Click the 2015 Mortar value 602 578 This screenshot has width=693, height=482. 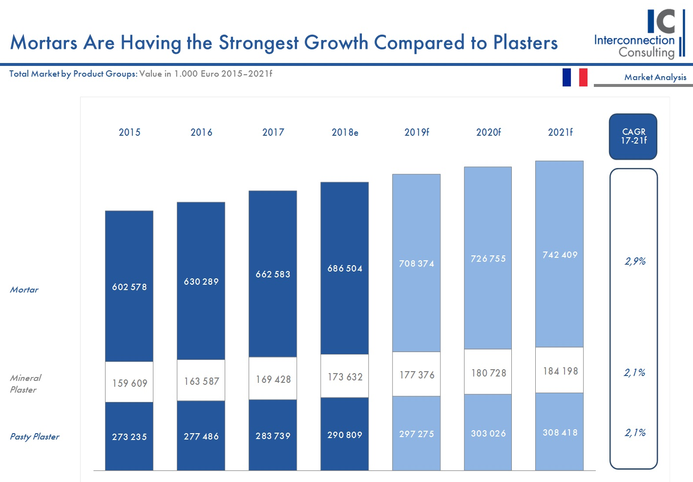pos(129,287)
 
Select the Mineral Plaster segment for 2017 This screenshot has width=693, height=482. pos(273,379)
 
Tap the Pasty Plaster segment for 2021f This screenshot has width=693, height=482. pos(560,432)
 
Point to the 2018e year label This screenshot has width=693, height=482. pos(345,132)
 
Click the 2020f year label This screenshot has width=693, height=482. pos(488,132)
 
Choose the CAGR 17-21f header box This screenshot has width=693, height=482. pos(633,137)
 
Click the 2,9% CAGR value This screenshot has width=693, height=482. pos(634,261)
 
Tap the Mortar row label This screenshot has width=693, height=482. pos(24,290)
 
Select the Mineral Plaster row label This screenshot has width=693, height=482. pos(25,383)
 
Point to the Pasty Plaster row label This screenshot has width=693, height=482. pos(35,437)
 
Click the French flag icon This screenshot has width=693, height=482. pos(575,77)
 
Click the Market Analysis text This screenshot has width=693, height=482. pos(655,77)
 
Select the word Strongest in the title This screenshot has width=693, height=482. pos(259,43)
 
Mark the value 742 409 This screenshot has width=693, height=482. pos(560,254)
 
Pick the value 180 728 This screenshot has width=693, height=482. pos(488,373)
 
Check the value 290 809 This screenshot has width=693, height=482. pos(345,435)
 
